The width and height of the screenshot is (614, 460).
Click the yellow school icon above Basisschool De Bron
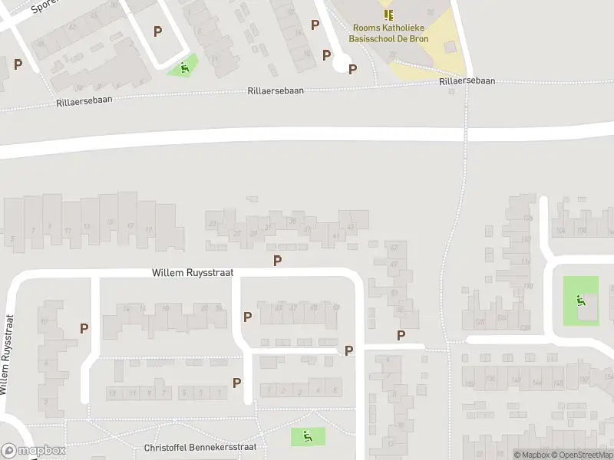pyautogui.click(x=388, y=15)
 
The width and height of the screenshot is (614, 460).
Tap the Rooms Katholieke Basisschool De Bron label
pyautogui.click(x=388, y=32)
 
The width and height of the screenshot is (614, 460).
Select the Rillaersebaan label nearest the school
pyautogui.click(x=467, y=80)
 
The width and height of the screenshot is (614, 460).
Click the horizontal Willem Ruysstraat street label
pyautogui.click(x=193, y=272)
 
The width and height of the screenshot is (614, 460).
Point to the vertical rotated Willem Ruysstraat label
pyautogui.click(x=8, y=354)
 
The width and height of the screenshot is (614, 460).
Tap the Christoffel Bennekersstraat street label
pyautogui.click(x=200, y=447)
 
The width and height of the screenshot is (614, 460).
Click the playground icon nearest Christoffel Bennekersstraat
pyautogui.click(x=307, y=437)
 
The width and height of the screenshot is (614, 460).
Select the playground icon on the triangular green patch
pyautogui.click(x=184, y=67)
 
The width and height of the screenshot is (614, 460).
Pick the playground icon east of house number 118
pyautogui.click(x=581, y=301)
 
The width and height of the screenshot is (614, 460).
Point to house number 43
pyautogui.click(x=351, y=227)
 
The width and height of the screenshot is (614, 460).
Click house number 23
pyautogui.click(x=212, y=224)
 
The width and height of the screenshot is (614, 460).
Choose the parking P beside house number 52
pyautogui.click(x=401, y=335)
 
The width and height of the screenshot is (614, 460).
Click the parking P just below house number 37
pyautogui.click(x=277, y=261)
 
